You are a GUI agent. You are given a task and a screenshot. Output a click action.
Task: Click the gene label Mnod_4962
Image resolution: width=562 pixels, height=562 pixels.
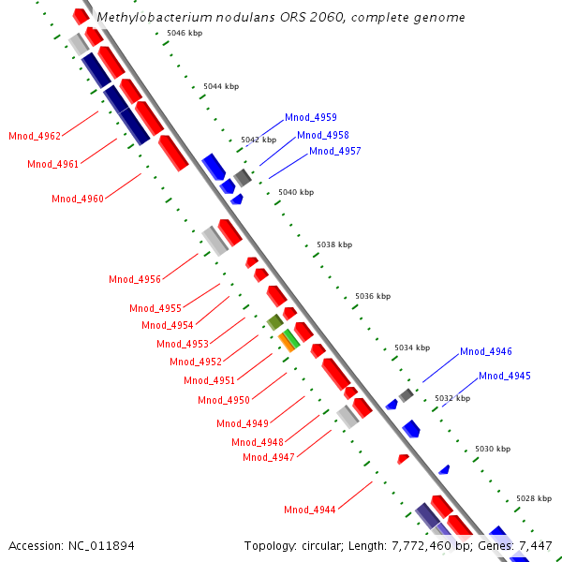(35, 137)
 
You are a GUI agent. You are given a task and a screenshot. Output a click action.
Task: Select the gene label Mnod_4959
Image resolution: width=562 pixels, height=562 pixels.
(311, 118)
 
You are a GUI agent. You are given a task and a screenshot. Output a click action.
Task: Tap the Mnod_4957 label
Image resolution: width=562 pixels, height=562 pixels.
(334, 152)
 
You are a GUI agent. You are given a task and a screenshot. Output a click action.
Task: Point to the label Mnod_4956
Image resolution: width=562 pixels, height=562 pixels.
(135, 280)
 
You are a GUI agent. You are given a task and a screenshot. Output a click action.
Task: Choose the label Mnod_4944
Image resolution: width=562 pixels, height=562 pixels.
(310, 510)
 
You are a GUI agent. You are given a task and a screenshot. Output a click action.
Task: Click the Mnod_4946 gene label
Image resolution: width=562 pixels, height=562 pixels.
(485, 352)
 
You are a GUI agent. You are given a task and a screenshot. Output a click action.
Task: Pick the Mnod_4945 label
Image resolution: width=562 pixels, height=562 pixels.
(504, 377)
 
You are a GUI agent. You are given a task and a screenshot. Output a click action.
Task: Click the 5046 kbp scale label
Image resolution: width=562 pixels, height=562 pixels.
(184, 33)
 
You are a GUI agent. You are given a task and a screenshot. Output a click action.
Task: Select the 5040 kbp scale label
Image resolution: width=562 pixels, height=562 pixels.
(296, 192)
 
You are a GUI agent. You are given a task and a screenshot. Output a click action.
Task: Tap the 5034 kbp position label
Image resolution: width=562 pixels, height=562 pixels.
(411, 348)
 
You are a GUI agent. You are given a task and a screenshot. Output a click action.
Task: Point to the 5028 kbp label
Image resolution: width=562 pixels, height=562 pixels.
(534, 498)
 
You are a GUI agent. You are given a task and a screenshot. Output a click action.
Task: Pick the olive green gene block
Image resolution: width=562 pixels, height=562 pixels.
(274, 322)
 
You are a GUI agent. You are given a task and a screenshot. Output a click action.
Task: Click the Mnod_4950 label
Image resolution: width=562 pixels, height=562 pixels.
(224, 401)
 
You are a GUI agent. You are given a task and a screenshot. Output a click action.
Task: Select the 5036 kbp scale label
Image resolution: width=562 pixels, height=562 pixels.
(372, 296)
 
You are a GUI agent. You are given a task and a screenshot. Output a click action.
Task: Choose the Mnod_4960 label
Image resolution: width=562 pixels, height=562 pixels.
(78, 200)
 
